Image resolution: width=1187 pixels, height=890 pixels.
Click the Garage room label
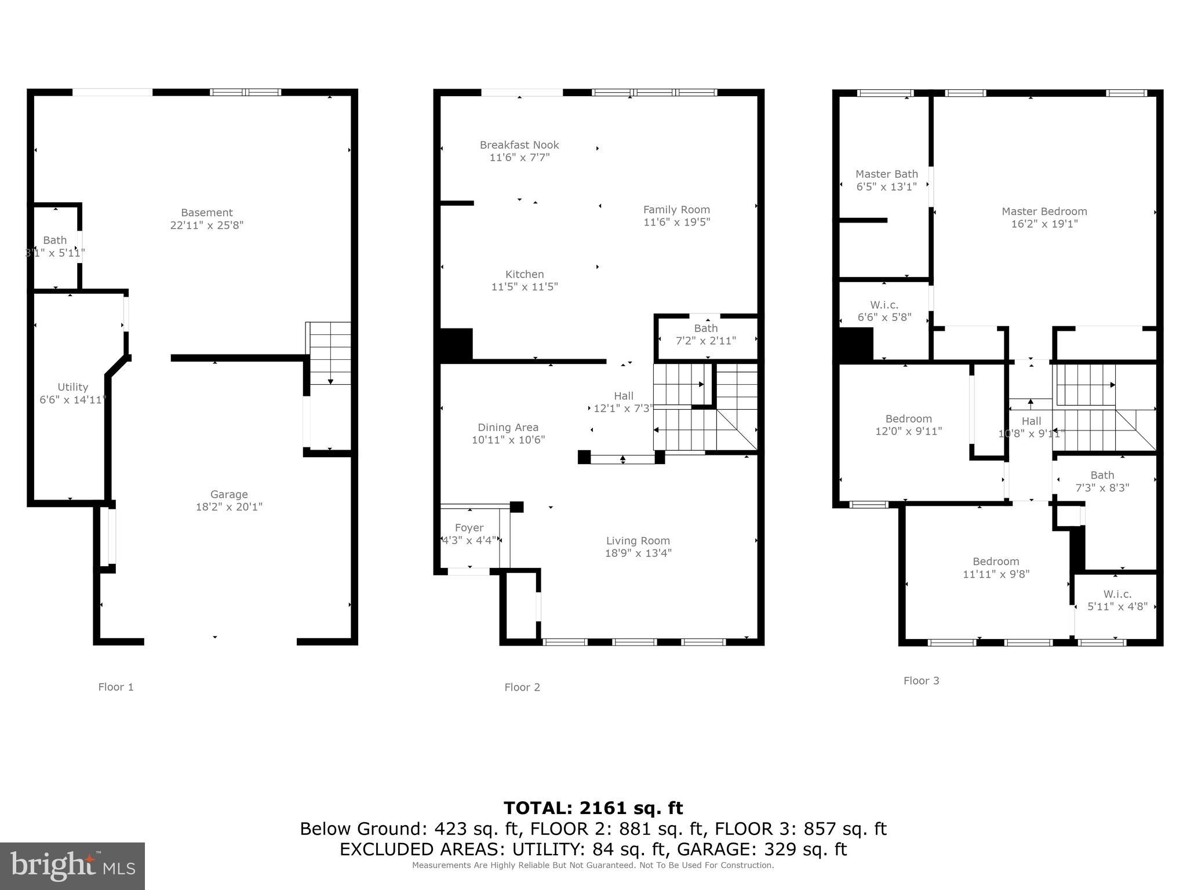(229, 494)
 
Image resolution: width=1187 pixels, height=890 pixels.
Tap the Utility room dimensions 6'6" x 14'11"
(72, 400)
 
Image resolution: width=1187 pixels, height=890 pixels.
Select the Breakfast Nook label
(519, 145)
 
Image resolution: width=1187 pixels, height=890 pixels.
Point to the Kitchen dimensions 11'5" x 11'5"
(525, 287)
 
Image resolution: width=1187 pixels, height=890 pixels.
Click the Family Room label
(676, 210)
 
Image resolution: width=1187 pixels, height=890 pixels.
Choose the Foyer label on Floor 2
(469, 528)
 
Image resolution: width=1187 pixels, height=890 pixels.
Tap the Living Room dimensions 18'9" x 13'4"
(638, 553)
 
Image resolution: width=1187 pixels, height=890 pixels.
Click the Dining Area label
(508, 428)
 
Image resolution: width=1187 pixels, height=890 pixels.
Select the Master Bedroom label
(1044, 211)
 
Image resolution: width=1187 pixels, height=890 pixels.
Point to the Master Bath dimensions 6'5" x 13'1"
(886, 187)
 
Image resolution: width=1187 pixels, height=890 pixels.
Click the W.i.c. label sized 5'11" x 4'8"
(1117, 594)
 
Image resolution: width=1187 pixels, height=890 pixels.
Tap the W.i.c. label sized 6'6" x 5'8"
(884, 305)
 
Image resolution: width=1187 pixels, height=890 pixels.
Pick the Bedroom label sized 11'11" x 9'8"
(995, 561)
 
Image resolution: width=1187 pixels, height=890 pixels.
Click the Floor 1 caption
(116, 687)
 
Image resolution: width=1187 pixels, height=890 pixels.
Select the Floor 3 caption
(921, 681)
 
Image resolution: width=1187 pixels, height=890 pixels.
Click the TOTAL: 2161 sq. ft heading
(593, 808)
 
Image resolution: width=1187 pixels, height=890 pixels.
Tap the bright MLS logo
(72, 866)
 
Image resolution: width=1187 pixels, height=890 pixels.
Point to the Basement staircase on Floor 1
(328, 353)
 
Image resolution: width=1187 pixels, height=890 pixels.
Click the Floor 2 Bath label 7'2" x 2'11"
(705, 329)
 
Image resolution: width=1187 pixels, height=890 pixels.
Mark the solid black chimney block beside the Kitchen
(456, 345)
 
